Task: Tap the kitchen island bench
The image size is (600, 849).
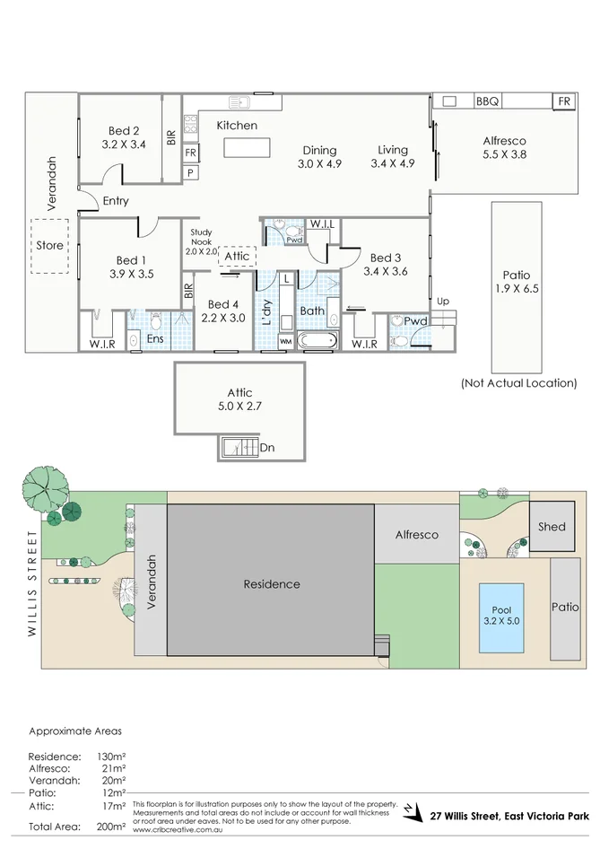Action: click(x=246, y=147)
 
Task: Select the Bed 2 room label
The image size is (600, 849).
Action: click(x=123, y=130)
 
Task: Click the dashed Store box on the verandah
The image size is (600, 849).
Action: click(x=50, y=245)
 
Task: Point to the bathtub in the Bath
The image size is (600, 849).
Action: click(x=317, y=341)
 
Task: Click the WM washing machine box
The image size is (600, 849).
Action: click(x=285, y=341)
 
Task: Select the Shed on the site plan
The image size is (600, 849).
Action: click(x=552, y=527)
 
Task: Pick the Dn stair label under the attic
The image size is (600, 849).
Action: click(x=267, y=446)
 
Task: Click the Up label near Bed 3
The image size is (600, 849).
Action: click(x=443, y=301)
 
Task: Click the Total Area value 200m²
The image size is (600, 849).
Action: click(x=112, y=827)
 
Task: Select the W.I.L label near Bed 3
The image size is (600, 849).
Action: click(x=321, y=223)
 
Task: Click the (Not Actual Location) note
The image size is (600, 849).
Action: click(x=518, y=383)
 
